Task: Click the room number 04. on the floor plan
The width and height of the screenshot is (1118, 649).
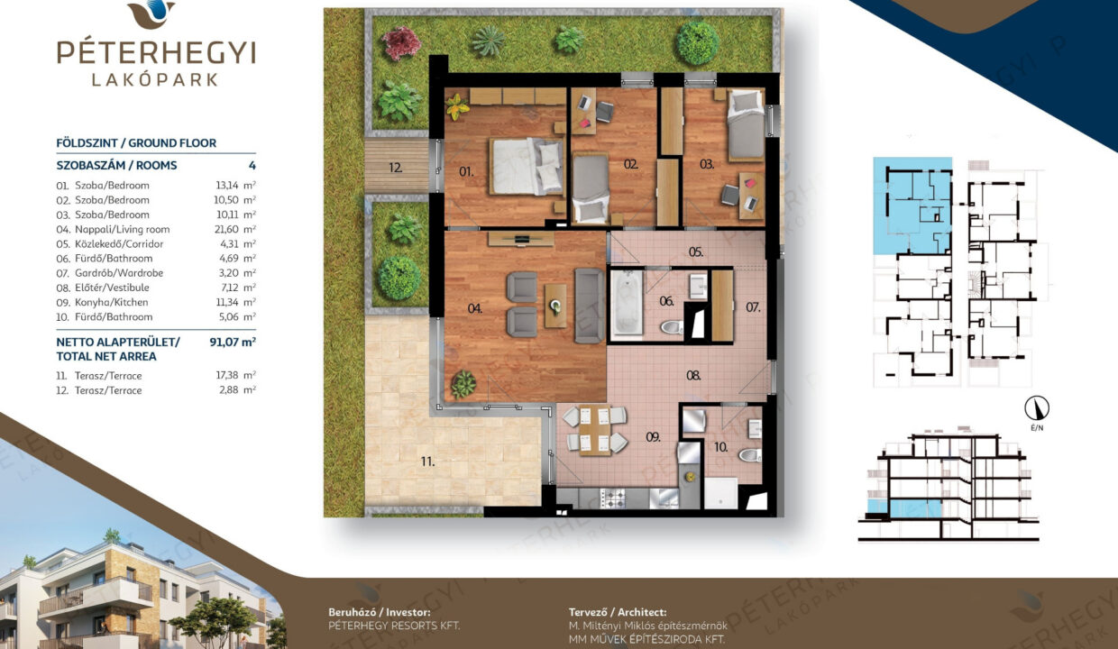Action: click(474, 309)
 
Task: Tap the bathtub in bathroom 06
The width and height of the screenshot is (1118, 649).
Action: click(627, 305)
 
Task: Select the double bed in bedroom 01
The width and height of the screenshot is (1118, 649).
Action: click(527, 166)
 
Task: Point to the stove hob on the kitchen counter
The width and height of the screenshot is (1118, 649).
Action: click(612, 498)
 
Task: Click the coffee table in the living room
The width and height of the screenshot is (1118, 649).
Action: click(555, 306)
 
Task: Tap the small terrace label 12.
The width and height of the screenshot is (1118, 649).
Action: click(395, 168)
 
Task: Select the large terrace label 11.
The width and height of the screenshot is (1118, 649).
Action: click(427, 462)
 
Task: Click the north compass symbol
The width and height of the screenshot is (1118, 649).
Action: click(1037, 408)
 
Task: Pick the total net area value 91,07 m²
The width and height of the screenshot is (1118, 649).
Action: click(233, 342)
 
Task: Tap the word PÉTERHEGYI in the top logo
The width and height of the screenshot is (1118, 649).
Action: click(156, 52)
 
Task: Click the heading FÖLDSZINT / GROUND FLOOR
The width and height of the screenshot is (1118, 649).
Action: click(136, 143)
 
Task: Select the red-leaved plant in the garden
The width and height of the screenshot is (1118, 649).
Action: click(401, 43)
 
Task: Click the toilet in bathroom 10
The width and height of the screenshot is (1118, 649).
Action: click(749, 455)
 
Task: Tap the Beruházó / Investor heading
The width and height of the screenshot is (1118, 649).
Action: click(380, 612)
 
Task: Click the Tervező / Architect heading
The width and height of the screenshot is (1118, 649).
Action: click(618, 612)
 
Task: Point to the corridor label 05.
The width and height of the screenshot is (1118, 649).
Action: click(696, 251)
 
